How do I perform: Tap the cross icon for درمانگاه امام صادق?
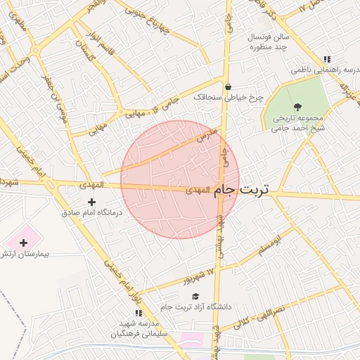(x=91, y=202)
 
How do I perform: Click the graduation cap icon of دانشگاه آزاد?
(x=195, y=297)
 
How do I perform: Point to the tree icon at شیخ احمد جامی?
(x=298, y=107)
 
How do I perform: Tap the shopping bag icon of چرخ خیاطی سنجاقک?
(x=229, y=87)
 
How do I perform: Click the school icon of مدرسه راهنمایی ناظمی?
(x=326, y=60)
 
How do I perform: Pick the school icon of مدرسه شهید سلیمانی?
(x=138, y=312)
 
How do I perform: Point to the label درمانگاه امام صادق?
(x=91, y=212)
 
